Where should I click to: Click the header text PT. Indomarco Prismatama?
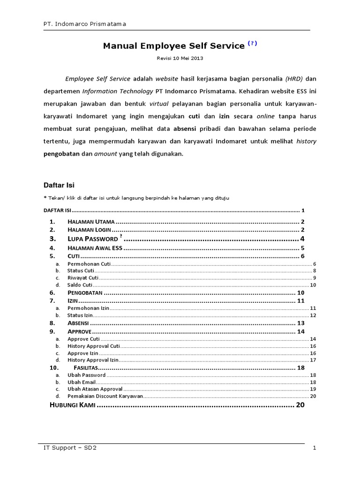point(82,23)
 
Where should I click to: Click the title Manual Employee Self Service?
point(173,46)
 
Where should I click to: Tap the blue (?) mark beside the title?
point(253,44)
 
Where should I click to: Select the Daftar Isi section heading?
point(59,185)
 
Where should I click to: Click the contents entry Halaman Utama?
point(91,222)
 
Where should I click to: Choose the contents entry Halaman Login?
point(89,230)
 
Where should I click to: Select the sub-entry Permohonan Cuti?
point(89,264)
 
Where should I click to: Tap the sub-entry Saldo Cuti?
point(80,285)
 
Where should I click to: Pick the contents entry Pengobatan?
point(86,293)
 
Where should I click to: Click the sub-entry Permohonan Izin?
point(88,308)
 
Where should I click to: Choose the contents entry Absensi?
point(78,323)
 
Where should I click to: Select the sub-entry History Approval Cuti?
point(94,346)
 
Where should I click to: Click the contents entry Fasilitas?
point(85,368)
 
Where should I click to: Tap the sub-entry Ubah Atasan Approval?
point(95,389)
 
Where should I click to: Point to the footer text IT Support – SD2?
point(69,448)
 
